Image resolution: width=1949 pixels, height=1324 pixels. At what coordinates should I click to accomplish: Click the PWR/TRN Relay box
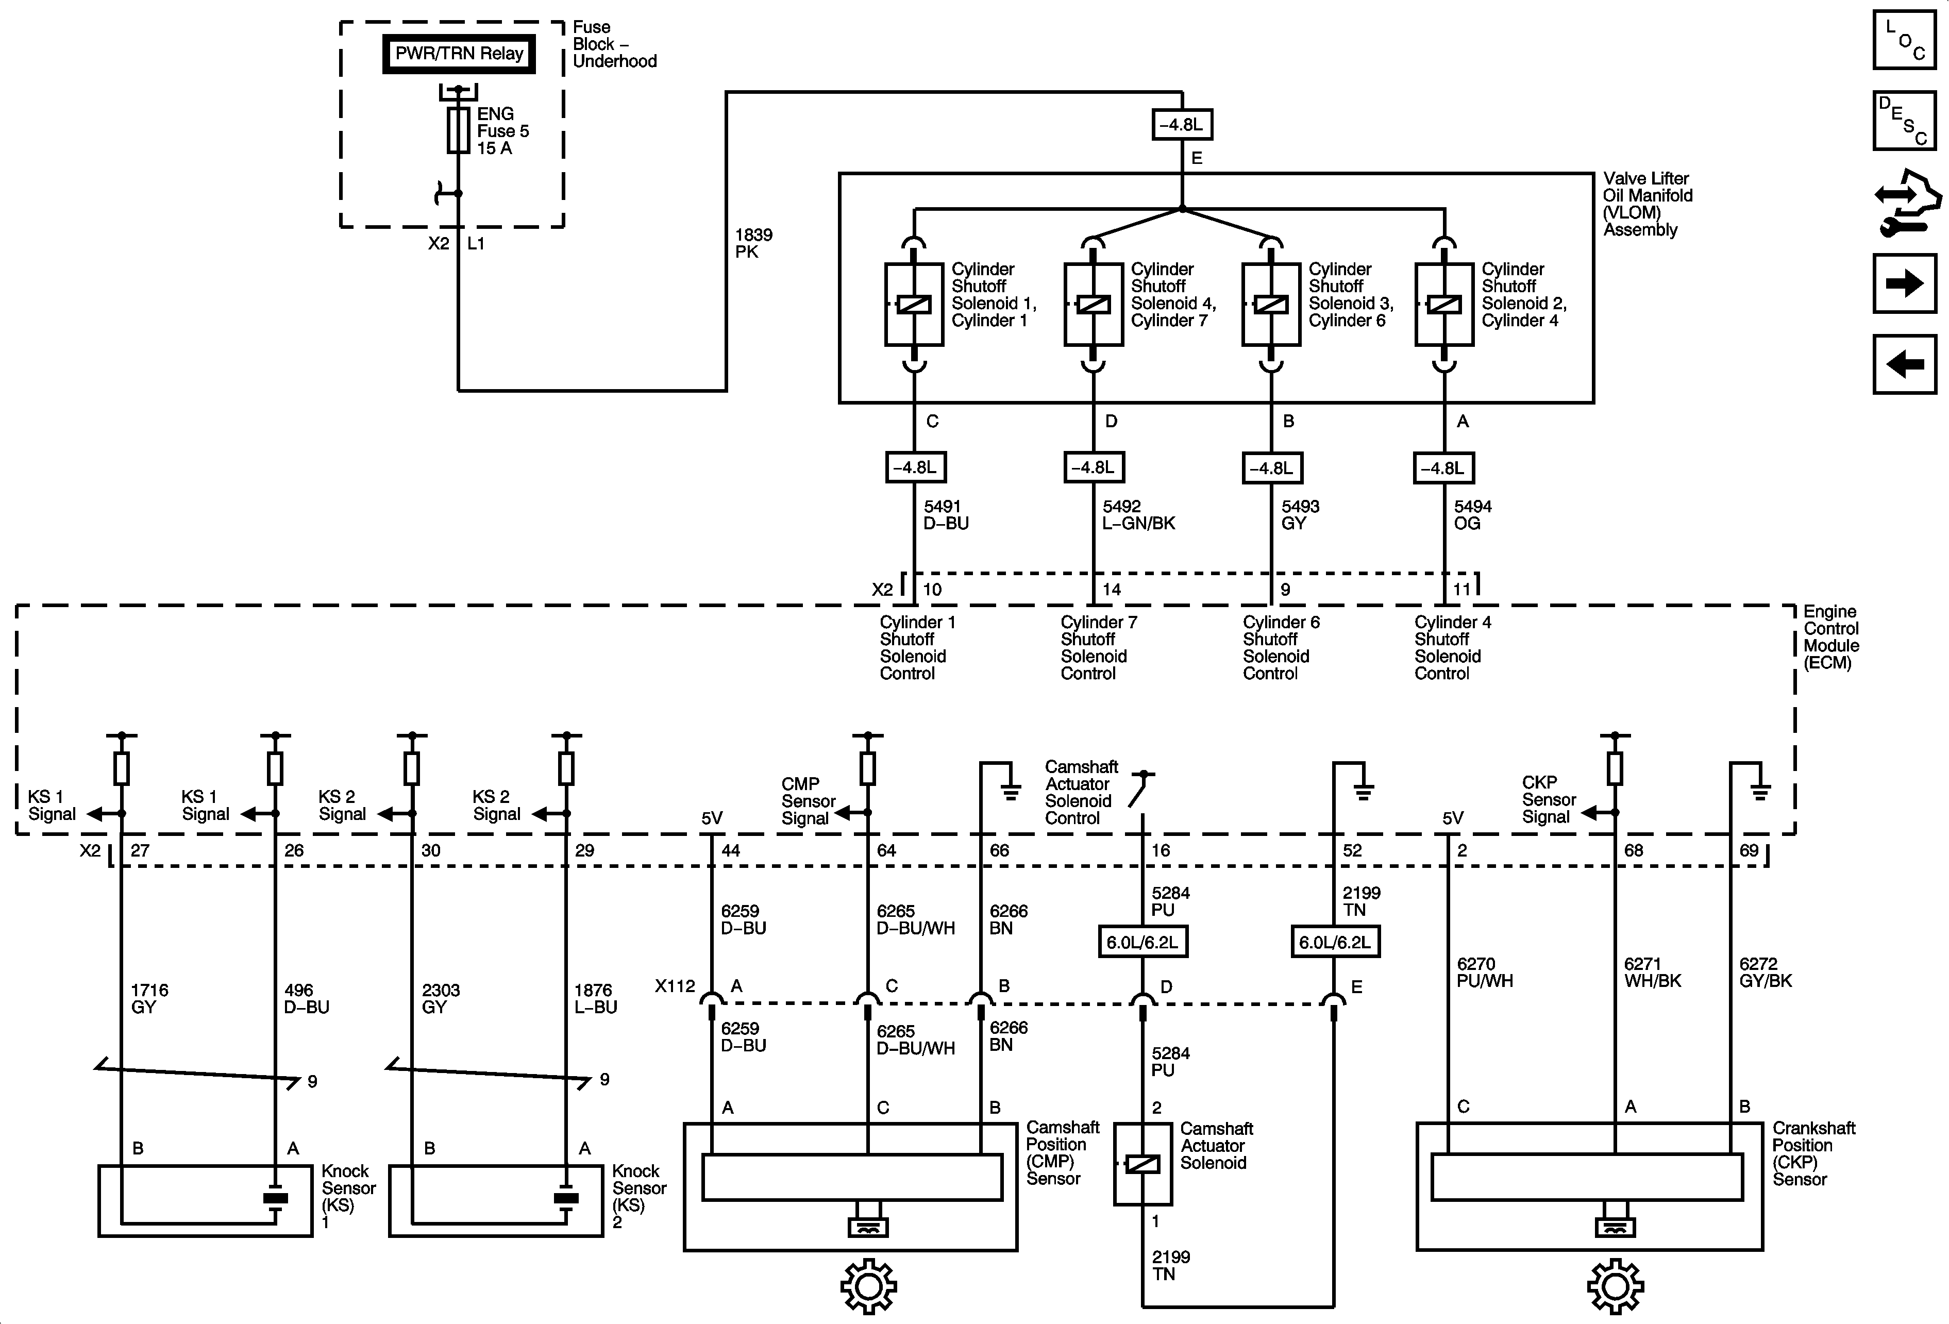459,54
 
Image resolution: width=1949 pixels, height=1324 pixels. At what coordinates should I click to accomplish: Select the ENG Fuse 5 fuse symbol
458,130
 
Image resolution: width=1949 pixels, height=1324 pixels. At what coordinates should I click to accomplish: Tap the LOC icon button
1904,39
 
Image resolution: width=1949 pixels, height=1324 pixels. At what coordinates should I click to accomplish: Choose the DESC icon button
1904,120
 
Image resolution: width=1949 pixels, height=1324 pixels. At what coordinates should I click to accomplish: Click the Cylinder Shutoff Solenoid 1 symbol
913,305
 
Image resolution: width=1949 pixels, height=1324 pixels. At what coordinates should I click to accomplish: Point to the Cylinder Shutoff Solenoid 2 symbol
1443,305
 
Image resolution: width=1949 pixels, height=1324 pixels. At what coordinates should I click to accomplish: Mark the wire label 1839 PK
753,243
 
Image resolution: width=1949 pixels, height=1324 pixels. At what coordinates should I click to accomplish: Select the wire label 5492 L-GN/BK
1138,515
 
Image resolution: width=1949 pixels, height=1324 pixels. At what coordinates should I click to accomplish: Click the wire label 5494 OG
1472,515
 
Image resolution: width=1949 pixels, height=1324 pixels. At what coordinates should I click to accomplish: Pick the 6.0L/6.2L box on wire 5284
1142,942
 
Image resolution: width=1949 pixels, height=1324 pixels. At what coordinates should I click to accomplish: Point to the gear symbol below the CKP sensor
1615,1285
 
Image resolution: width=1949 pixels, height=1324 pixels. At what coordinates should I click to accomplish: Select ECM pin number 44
730,850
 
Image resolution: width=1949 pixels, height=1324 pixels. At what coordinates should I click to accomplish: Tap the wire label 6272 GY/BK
1765,973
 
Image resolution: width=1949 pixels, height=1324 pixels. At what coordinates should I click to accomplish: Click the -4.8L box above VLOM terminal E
1182,125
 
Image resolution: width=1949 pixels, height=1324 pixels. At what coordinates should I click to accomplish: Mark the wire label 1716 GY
149,998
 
